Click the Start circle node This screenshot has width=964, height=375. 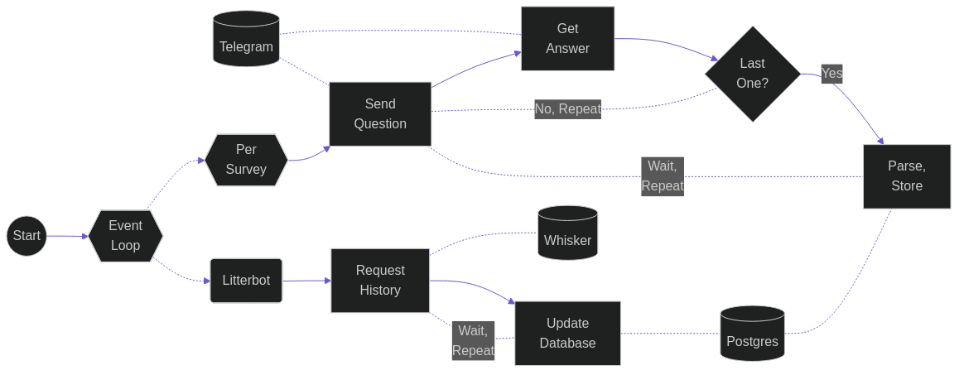coord(27,236)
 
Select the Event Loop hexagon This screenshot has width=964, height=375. coord(126,236)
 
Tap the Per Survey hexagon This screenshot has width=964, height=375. coord(246,160)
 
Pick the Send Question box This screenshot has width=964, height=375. coord(380,114)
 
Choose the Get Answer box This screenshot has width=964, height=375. coord(567,39)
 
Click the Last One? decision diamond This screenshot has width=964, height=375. coord(752,74)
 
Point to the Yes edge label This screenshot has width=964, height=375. coord(831,74)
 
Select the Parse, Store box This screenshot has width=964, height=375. coord(907,176)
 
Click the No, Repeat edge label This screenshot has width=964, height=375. coord(567,108)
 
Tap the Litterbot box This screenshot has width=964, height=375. coord(246,281)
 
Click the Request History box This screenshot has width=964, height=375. coord(380,281)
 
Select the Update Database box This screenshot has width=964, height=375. coord(567,334)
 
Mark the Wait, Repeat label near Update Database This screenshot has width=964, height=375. coord(473,340)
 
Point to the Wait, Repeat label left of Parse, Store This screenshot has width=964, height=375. coord(663,176)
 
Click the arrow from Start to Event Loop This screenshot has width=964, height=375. coord(67,236)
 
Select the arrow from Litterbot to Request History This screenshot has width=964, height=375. coord(306,281)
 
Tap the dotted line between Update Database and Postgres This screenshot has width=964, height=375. coord(670,334)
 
